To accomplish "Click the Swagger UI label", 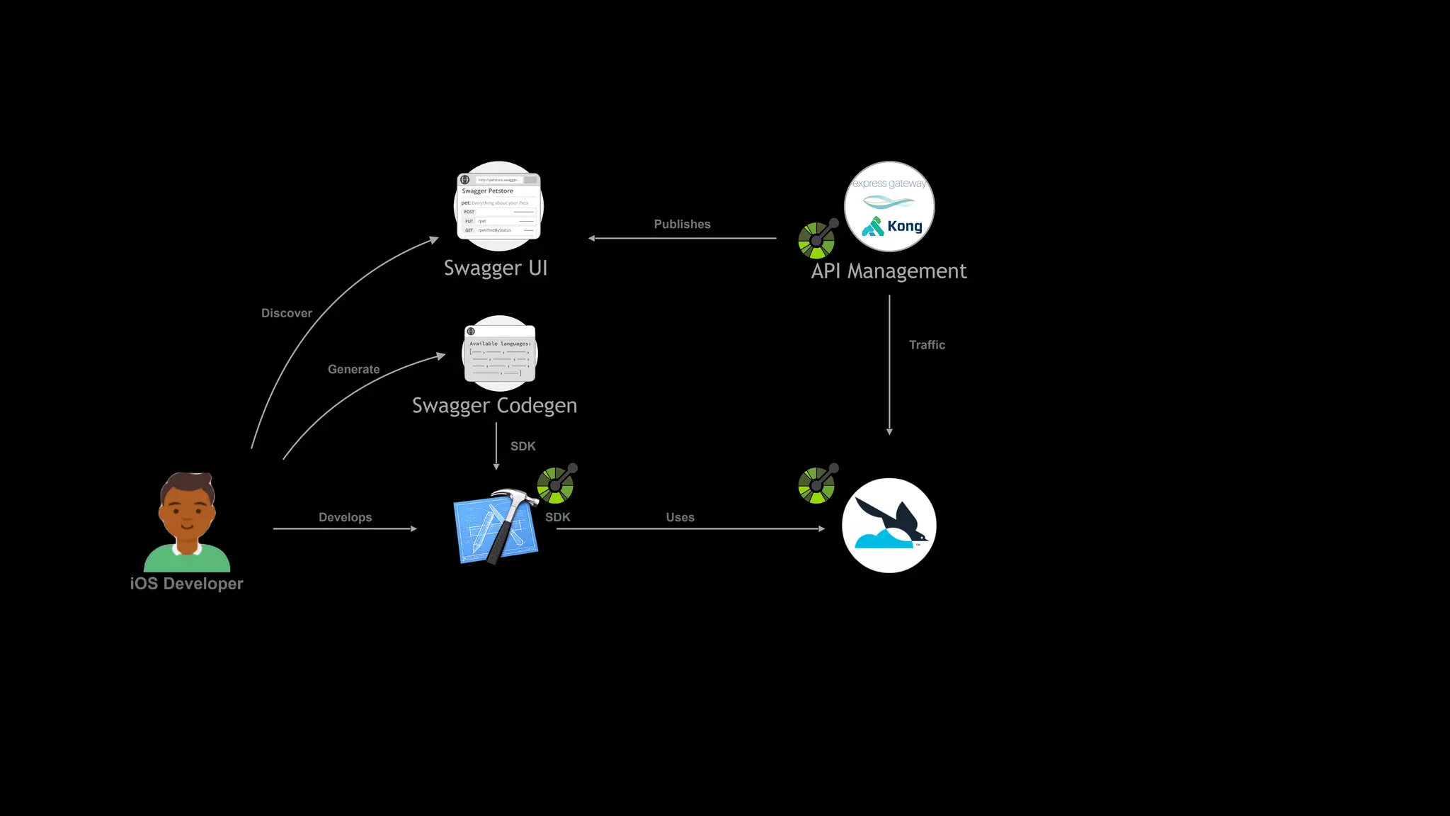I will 496,268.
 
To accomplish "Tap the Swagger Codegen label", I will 494,405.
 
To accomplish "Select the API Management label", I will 889,271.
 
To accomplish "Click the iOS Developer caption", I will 186,584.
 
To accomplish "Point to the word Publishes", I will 682,225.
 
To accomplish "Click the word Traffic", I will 927,345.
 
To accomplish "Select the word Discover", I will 286,313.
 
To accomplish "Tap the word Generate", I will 353,369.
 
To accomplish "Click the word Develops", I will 345,517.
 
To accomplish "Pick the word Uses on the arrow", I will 680,517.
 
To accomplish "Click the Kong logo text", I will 904,226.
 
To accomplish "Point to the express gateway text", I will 889,183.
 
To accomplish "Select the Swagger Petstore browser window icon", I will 498,206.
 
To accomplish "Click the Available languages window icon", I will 499,353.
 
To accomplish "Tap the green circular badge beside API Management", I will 816,240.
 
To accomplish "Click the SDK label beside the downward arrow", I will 523,446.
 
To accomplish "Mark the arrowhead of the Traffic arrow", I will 889,431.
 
